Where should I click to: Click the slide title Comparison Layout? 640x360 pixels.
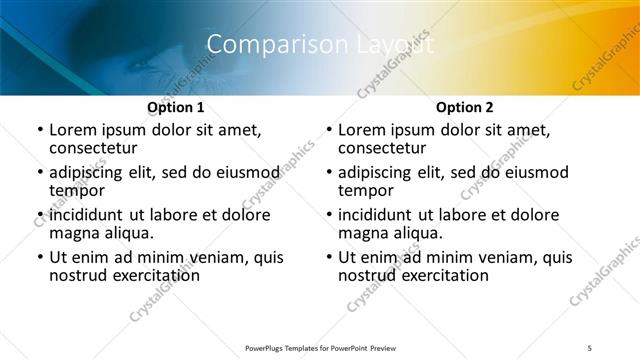(320, 44)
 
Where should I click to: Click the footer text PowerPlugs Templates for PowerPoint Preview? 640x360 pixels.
(319, 347)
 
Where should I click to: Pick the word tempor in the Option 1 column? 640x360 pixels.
(75, 191)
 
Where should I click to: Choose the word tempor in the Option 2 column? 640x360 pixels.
(364, 191)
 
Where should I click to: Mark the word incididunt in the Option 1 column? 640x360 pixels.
(85, 215)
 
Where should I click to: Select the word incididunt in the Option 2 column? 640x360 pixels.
(374, 215)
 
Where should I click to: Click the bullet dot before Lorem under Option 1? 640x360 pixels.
(39, 130)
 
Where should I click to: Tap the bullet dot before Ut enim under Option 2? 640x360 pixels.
(328, 257)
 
